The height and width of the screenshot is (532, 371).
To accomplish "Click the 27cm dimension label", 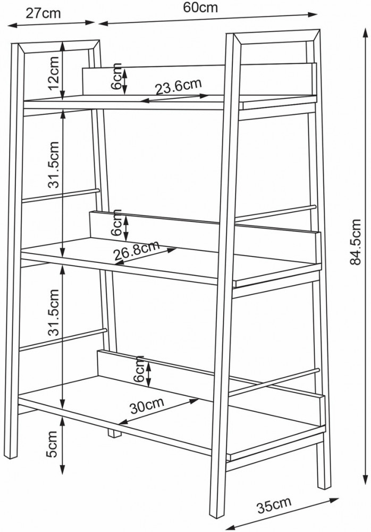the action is click(43, 13).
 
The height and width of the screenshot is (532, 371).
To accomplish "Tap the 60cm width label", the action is click(200, 7).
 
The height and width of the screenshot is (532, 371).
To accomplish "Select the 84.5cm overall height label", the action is click(355, 242).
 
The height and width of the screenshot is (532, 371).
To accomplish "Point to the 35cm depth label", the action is click(274, 505).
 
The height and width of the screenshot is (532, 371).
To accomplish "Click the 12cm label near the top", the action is click(54, 72).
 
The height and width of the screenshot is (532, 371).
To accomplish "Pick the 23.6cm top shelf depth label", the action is click(179, 86).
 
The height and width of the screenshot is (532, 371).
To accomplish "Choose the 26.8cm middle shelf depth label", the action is click(137, 250).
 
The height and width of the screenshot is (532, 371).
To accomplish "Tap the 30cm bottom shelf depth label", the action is click(147, 404).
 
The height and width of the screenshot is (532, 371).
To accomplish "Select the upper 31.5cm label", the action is click(53, 164).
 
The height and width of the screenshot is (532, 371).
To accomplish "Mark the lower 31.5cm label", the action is click(53, 312).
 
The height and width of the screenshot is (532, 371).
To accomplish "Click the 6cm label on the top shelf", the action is click(116, 77).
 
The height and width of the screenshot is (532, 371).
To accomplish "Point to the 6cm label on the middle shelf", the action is click(116, 222).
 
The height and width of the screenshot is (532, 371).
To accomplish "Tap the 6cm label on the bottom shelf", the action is click(139, 369).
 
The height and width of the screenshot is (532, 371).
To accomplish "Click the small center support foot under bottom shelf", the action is click(115, 433).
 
